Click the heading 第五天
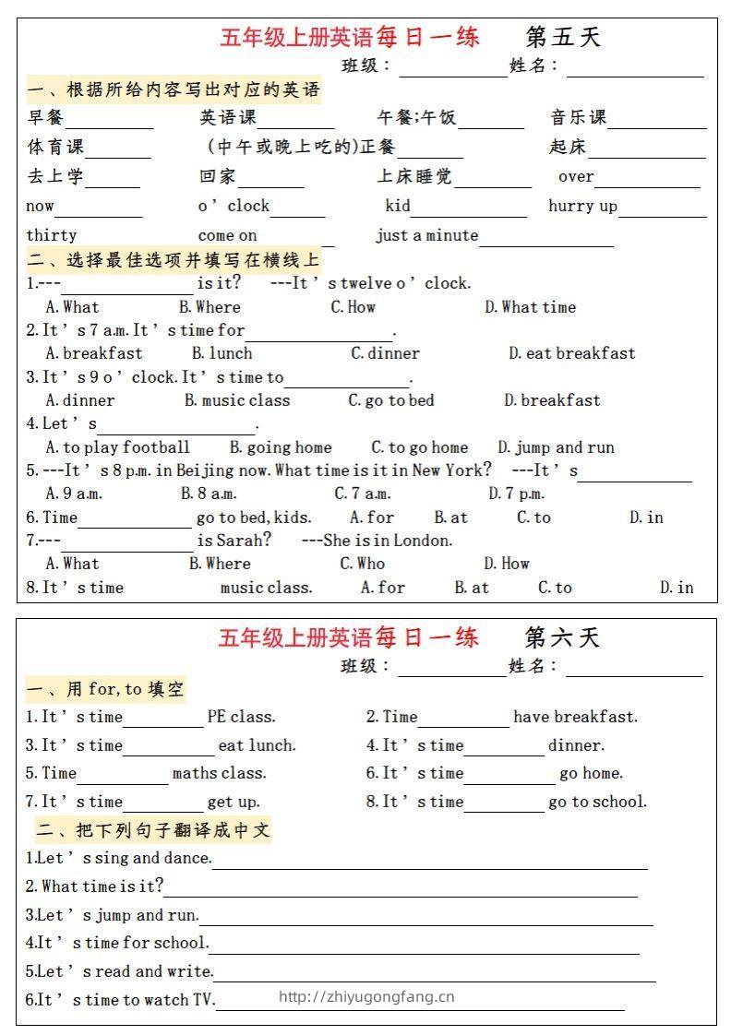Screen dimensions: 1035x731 (563, 37)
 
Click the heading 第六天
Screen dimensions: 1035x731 (562, 637)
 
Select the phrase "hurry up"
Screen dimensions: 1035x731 (582, 206)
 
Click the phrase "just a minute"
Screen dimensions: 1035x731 (426, 235)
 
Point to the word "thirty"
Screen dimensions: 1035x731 (52, 235)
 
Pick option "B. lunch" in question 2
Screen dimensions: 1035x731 (222, 353)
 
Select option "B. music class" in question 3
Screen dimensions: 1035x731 (236, 400)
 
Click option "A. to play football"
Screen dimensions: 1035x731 (117, 447)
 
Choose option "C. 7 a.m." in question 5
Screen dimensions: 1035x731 (362, 494)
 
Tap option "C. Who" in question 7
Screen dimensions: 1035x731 (362, 564)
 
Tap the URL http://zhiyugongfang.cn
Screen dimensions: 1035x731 (366, 996)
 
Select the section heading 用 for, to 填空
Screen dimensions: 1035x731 (106, 688)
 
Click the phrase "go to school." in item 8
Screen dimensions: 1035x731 (597, 802)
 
